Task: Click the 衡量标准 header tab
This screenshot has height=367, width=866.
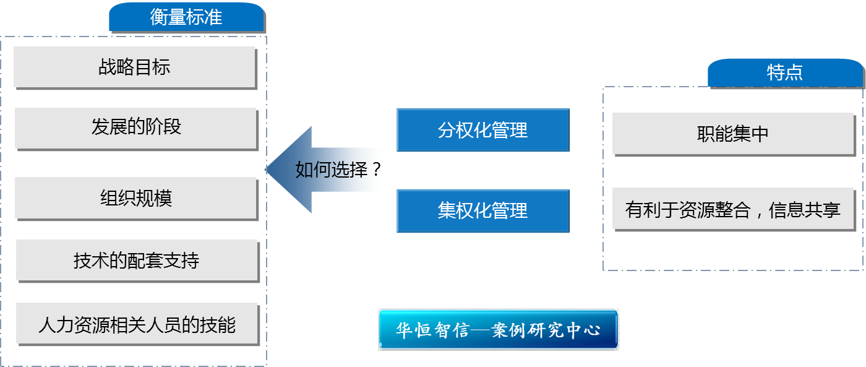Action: (x=186, y=17)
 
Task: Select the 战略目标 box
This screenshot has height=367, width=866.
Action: (x=134, y=67)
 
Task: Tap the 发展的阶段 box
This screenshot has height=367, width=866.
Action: (x=135, y=127)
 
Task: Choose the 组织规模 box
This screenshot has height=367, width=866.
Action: (x=135, y=198)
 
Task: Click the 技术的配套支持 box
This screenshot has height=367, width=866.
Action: (x=137, y=261)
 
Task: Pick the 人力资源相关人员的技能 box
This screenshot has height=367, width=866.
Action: (x=137, y=324)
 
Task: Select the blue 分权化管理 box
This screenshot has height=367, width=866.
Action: (x=482, y=130)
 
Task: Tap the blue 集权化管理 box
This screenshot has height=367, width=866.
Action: (x=482, y=210)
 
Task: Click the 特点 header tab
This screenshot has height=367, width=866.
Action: (x=784, y=72)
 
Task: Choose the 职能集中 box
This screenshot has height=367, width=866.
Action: (x=732, y=134)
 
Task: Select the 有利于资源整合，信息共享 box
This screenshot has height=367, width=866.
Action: (x=732, y=210)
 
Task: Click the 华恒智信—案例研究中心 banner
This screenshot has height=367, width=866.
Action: (x=498, y=329)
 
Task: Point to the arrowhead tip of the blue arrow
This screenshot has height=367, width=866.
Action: (x=267, y=170)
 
